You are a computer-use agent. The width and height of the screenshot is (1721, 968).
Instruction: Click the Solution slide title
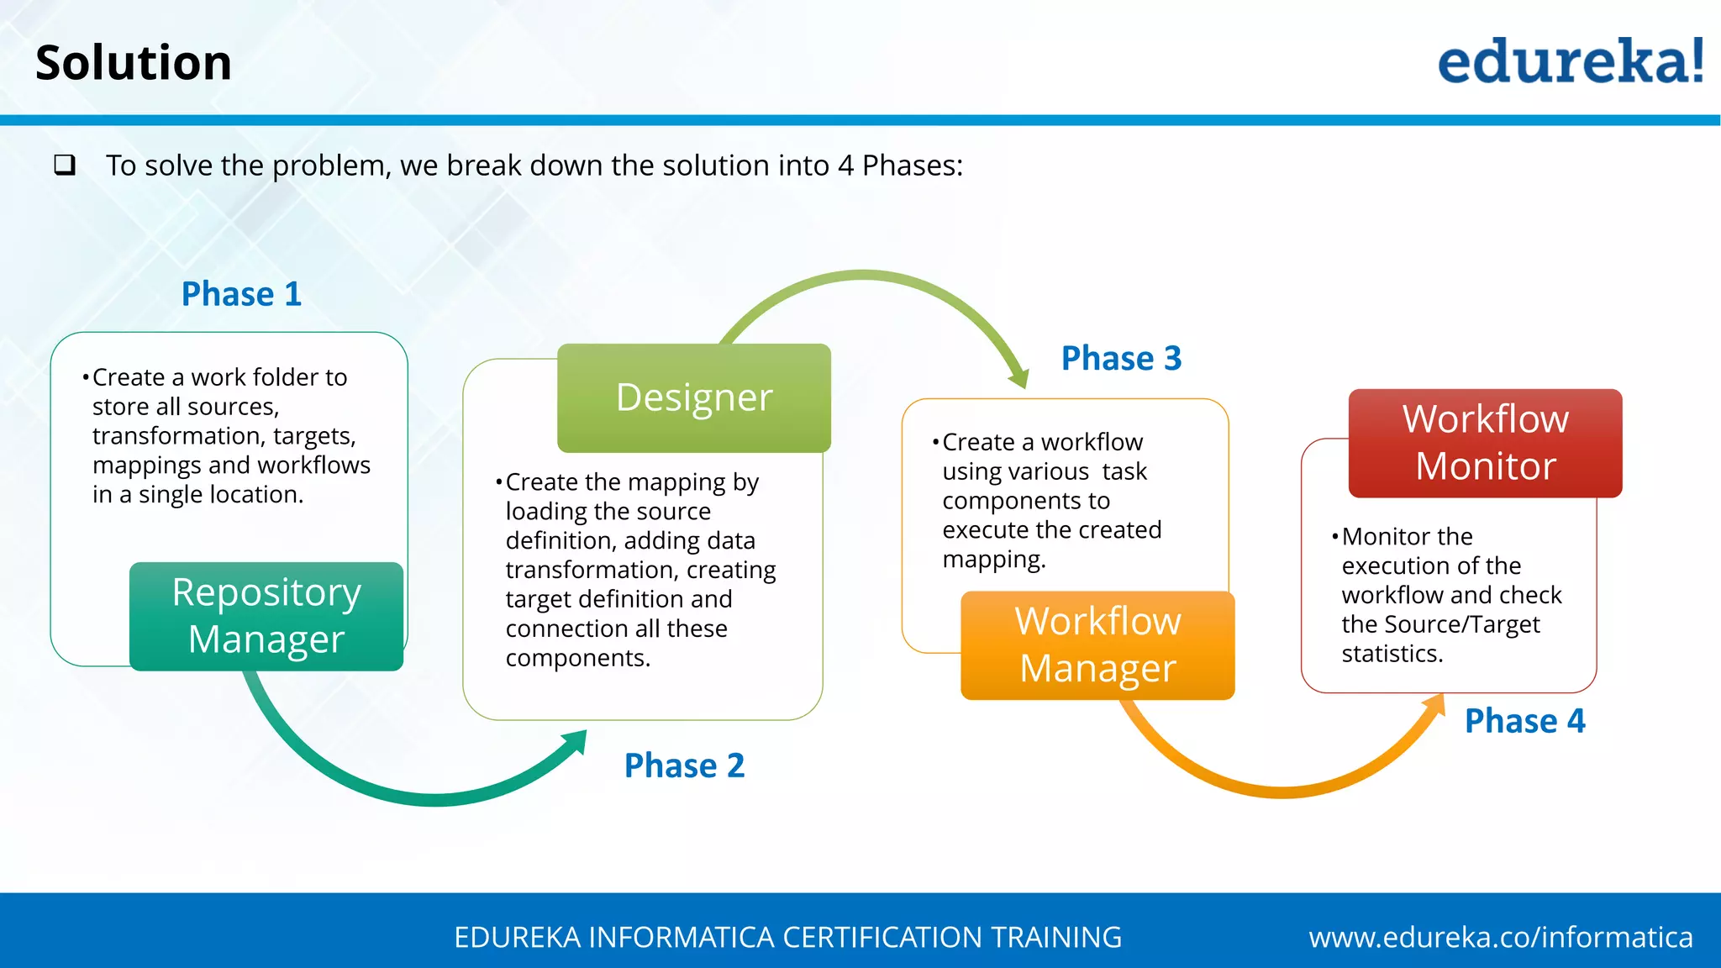pyautogui.click(x=134, y=63)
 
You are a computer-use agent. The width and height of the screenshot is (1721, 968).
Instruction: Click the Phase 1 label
pyautogui.click(x=241, y=294)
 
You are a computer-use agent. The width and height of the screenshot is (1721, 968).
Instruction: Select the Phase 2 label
pyautogui.click(x=684, y=765)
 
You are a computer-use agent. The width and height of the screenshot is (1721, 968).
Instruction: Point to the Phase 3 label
pyautogui.click(x=1121, y=359)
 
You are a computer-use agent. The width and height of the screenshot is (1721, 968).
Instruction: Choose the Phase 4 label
pyautogui.click(x=1524, y=721)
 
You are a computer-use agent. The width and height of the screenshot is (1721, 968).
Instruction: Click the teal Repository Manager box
pyautogui.click(x=266, y=616)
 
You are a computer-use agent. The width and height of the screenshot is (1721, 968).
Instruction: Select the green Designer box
pyautogui.click(x=694, y=397)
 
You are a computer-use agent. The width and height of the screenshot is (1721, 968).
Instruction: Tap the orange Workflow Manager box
pyautogui.click(x=1097, y=644)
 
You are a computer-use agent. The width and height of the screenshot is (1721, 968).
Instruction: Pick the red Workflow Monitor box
pyautogui.click(x=1485, y=443)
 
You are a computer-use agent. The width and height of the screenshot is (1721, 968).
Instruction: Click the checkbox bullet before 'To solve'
pyautogui.click(x=65, y=165)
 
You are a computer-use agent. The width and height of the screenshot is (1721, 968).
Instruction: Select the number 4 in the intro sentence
pyautogui.click(x=845, y=166)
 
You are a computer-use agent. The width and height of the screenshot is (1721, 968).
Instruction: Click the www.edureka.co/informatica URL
pyautogui.click(x=1500, y=937)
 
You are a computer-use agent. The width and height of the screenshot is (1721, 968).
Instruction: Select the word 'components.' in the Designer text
pyautogui.click(x=578, y=658)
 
